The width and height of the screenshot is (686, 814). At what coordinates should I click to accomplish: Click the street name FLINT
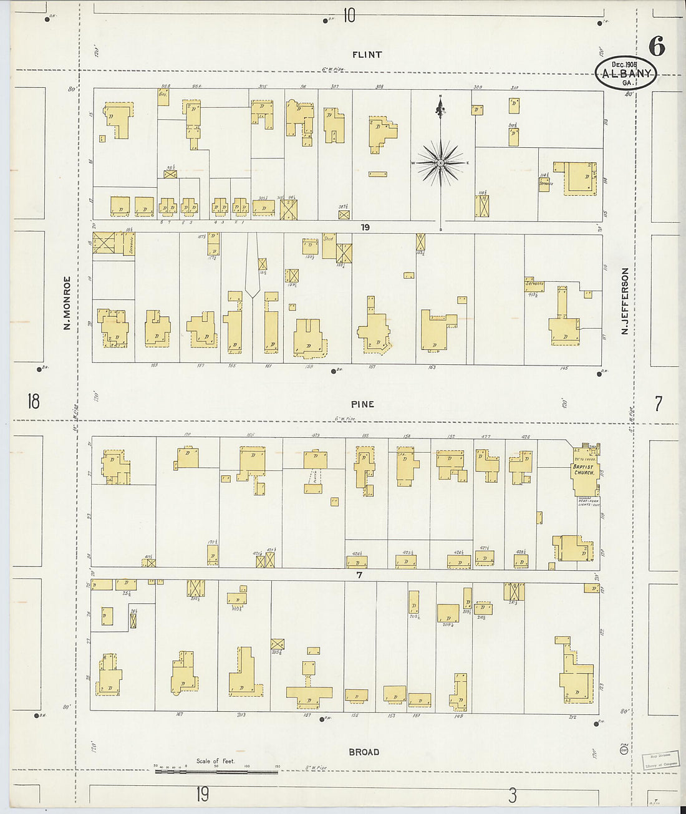tap(367, 55)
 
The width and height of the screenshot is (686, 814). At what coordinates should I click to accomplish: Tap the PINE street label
tap(362, 404)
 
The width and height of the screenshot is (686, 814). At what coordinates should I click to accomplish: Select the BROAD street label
tap(364, 752)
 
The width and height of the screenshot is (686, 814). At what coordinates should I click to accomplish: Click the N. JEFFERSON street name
tap(624, 301)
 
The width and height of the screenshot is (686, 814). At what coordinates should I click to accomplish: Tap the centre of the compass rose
tap(441, 163)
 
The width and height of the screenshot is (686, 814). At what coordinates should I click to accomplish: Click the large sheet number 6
tap(656, 47)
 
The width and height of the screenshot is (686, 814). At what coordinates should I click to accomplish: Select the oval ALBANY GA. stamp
tap(626, 74)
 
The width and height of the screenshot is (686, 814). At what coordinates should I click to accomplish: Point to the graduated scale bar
tap(216, 772)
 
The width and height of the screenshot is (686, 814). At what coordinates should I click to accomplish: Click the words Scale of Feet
tap(216, 761)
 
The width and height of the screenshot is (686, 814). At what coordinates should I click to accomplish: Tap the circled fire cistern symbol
tap(624, 750)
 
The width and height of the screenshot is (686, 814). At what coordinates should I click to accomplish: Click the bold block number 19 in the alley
tap(365, 228)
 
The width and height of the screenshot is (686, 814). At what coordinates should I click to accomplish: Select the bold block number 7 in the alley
tap(359, 575)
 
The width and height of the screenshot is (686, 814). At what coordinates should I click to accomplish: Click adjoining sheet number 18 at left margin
tap(33, 401)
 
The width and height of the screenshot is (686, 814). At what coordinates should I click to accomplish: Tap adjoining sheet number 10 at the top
tap(349, 15)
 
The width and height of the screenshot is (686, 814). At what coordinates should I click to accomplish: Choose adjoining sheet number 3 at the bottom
tap(512, 795)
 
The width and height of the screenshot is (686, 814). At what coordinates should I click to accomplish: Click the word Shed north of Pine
tap(329, 239)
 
